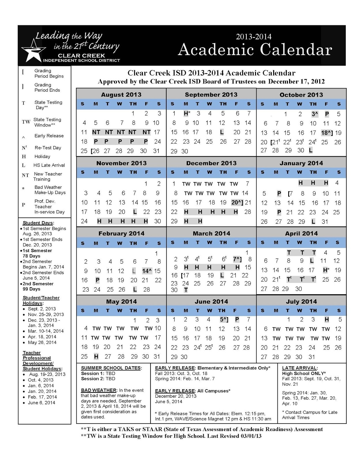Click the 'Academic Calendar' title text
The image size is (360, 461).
click(x=255, y=50)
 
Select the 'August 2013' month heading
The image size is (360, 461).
click(x=121, y=95)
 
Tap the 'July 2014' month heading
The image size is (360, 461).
click(x=301, y=302)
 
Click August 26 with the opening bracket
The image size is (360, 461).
click(x=95, y=151)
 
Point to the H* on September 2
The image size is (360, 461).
click(x=187, y=114)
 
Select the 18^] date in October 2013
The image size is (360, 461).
click(x=327, y=133)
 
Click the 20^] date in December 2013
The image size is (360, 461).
click(x=237, y=203)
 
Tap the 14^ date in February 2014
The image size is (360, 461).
click(x=147, y=271)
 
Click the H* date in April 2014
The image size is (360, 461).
click(x=326, y=270)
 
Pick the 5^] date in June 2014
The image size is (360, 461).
click(x=224, y=320)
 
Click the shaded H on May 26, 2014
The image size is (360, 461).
click(x=96, y=357)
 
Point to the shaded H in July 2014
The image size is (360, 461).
click(x=327, y=320)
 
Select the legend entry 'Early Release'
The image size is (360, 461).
click(x=49, y=136)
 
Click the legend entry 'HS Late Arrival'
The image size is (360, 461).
click(x=49, y=165)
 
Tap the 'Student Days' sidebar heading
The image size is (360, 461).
click(x=38, y=223)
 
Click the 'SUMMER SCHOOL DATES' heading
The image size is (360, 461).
click(x=111, y=368)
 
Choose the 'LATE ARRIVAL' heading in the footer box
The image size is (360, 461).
click(x=299, y=368)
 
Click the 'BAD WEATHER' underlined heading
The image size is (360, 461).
click(x=99, y=390)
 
